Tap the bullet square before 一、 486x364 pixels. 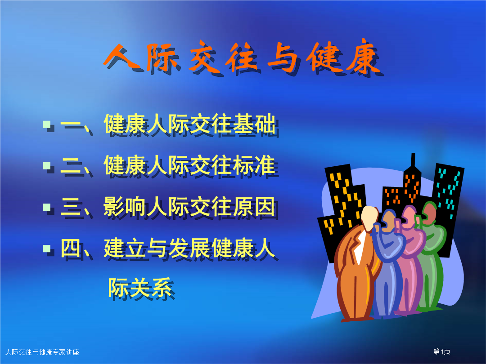pyautogui.click(x=47, y=124)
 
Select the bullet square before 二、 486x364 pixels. pyautogui.click(x=47, y=166)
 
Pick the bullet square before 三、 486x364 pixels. pyautogui.click(x=47, y=207)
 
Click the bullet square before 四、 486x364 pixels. pyautogui.click(x=47, y=248)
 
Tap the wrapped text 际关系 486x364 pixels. pyautogui.click(x=140, y=288)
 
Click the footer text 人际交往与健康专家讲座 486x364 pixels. pyautogui.click(x=42, y=352)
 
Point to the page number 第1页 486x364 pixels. pyautogui.click(x=442, y=351)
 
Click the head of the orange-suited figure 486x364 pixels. pyautogui.click(x=370, y=218)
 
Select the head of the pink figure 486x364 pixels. pyautogui.click(x=409, y=217)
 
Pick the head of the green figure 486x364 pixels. pyautogui.click(x=429, y=213)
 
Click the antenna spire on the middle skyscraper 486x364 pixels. pyautogui.click(x=413, y=160)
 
